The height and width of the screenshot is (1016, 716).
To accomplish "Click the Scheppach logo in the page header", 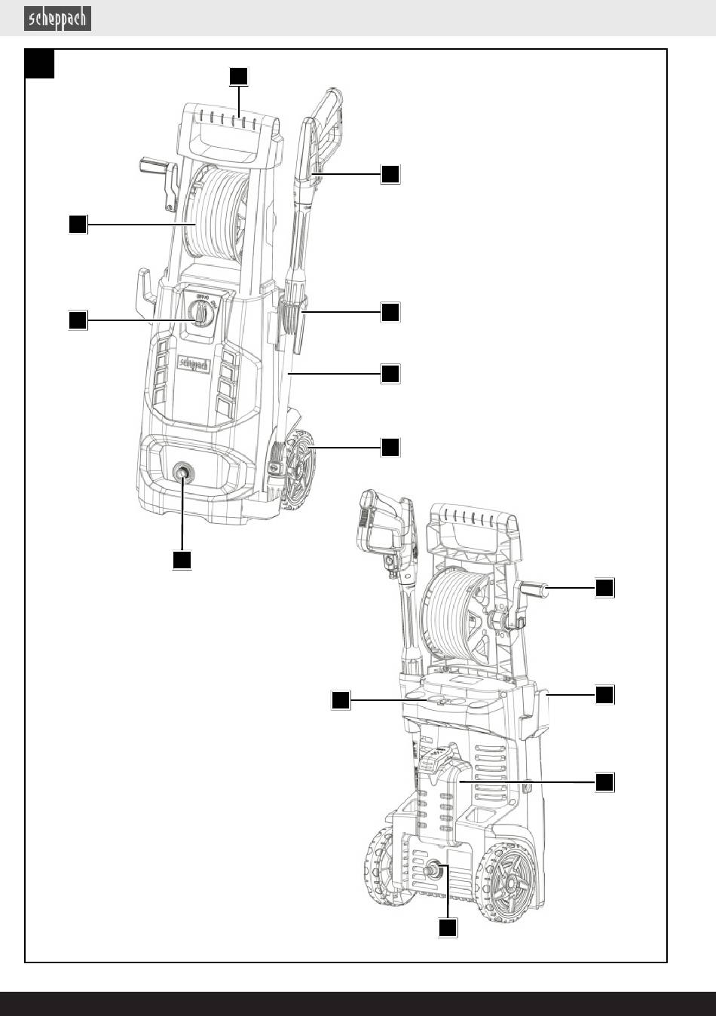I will (x=58, y=19).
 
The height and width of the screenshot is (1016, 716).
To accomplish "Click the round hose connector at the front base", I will (x=182, y=473).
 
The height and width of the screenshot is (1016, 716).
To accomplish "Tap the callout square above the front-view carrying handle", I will (x=238, y=76).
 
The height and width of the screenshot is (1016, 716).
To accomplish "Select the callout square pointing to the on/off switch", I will (x=77, y=320).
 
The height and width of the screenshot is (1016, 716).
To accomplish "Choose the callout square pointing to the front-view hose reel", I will (x=77, y=224).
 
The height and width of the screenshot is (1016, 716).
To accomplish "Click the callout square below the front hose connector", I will (x=182, y=559).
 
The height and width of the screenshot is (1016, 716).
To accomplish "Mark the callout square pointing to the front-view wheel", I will (x=390, y=447).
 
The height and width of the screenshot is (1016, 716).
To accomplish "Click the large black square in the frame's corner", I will (x=40, y=64).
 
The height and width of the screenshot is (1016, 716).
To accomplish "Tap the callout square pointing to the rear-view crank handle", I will (x=604, y=588).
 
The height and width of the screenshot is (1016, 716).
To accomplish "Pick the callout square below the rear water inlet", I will (x=448, y=928).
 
